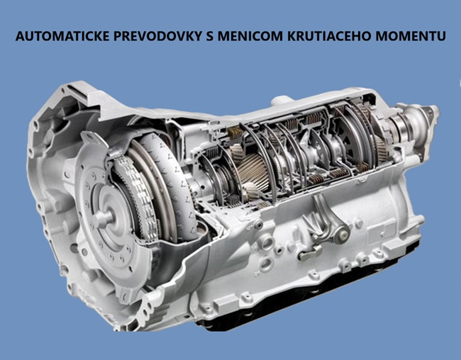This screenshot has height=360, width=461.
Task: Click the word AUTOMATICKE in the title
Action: tap(63, 36)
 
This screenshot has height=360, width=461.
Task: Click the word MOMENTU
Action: tap(411, 36)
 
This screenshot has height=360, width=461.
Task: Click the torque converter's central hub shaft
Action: tap(104, 218)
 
